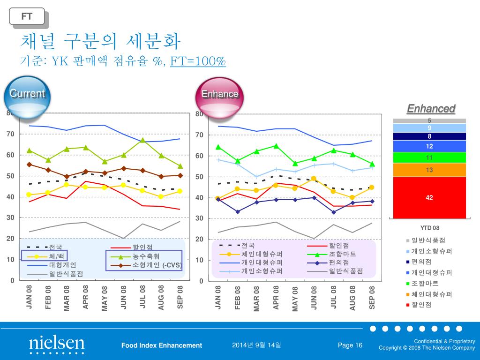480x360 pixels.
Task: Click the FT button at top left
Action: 27,16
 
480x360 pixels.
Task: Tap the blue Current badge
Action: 27,94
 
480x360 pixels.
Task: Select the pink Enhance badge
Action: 219,94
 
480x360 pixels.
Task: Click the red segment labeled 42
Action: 429,197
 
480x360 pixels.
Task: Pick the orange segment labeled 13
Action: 429,170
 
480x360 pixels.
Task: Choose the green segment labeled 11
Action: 429,157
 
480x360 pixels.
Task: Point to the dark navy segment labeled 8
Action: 429,136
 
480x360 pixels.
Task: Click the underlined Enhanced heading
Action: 431,109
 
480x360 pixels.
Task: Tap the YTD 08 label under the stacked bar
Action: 429,228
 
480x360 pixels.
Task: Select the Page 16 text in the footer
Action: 350,345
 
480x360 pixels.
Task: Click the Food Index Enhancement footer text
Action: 162,345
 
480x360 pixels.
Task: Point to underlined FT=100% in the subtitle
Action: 198,61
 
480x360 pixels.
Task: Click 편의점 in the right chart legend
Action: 339,262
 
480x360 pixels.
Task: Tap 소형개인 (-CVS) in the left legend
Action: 157,265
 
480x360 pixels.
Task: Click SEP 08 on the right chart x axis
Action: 373,297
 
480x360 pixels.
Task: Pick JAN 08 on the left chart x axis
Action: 30,297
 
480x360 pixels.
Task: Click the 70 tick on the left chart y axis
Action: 11,134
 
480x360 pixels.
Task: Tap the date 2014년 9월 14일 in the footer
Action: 256,345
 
